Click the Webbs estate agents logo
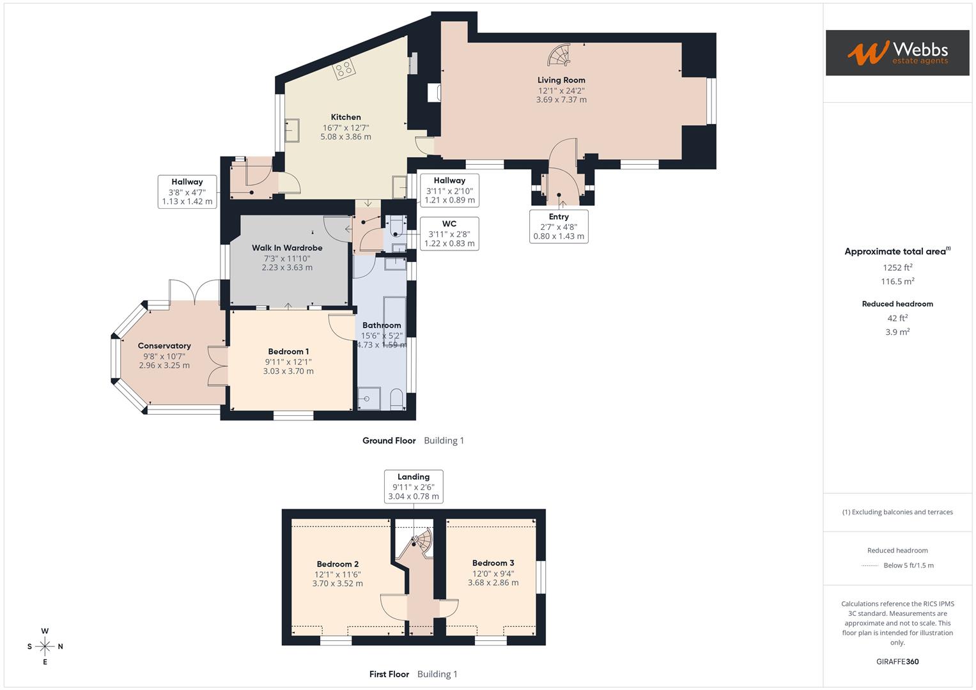(x=897, y=52)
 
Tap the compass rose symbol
(x=45, y=646)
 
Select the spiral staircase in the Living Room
(x=559, y=56)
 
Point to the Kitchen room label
(x=346, y=117)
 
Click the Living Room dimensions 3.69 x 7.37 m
(x=561, y=100)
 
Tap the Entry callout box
(x=559, y=226)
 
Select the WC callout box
(x=449, y=233)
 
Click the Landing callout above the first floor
(x=414, y=486)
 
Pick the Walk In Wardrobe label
(x=287, y=248)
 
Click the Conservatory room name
(x=164, y=346)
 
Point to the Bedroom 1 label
(x=288, y=351)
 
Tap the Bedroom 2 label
(x=337, y=564)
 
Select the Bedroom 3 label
(x=493, y=563)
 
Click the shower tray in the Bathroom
(x=368, y=398)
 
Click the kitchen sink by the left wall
(x=293, y=130)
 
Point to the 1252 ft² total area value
(x=897, y=268)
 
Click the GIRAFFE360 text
(x=897, y=661)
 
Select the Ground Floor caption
(x=389, y=440)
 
